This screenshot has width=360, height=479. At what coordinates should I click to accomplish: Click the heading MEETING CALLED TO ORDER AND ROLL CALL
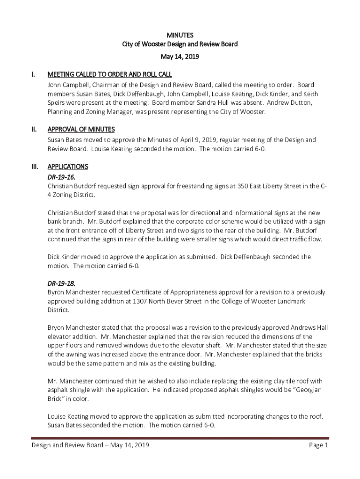109,74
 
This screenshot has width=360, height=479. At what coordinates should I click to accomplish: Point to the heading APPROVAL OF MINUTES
81,129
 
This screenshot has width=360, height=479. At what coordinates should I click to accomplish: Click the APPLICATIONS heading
67,167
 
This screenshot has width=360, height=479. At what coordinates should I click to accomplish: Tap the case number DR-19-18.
61,283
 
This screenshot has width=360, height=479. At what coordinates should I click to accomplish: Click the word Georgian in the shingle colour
308,390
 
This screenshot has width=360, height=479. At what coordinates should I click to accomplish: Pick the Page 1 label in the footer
319,446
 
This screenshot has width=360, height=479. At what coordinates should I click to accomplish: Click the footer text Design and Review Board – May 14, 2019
90,446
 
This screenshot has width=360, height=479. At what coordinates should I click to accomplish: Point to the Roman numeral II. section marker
33,129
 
